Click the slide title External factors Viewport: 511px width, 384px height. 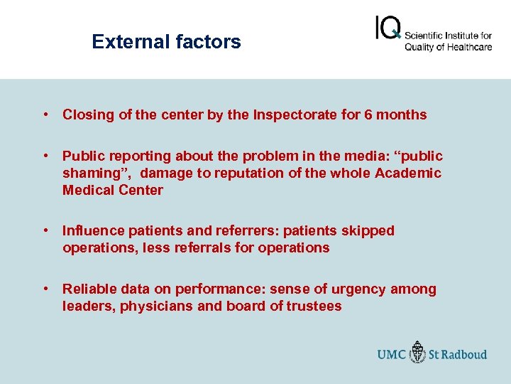pyautogui.click(x=166, y=42)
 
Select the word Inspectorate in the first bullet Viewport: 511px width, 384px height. pyautogui.click(x=294, y=114)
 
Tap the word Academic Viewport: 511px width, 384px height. pyautogui.click(x=408, y=173)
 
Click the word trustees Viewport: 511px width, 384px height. pyautogui.click(x=312, y=306)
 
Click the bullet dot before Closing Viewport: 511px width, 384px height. pyautogui.click(x=45, y=114)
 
